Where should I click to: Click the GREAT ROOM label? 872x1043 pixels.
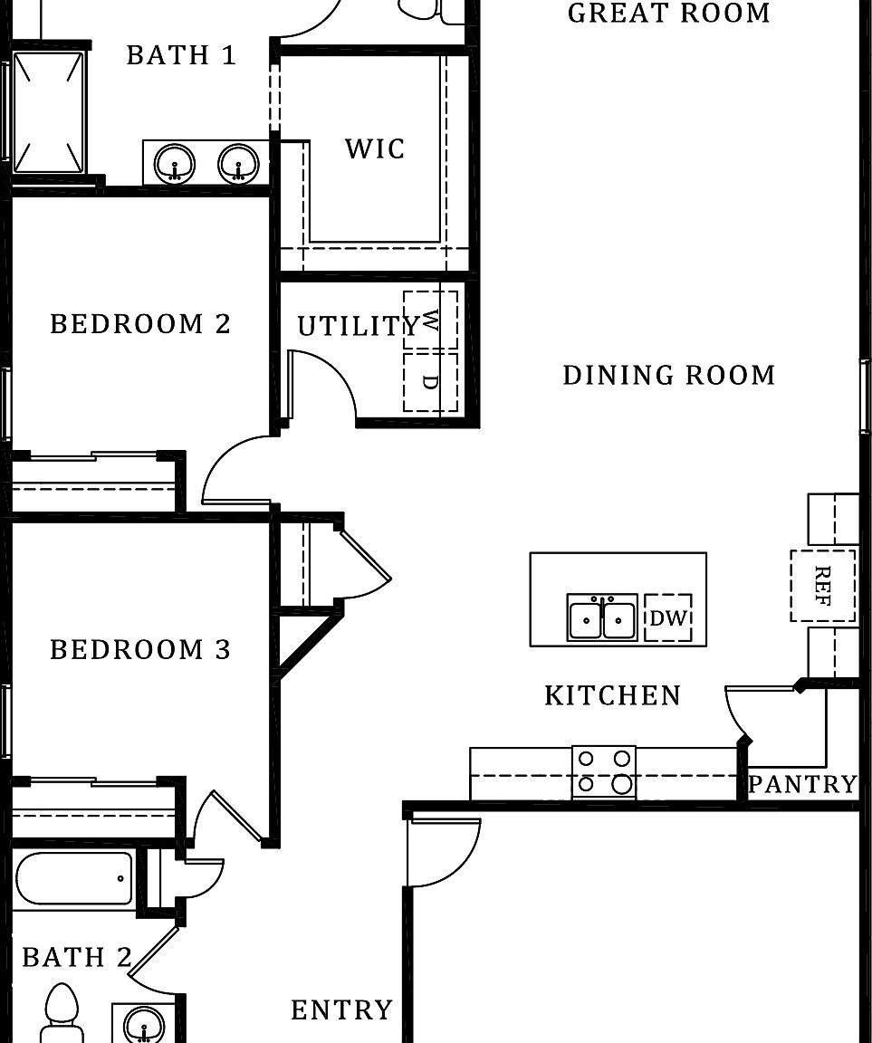[668, 14]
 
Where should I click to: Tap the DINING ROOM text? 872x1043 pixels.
[669, 375]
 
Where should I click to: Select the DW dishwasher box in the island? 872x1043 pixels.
[668, 618]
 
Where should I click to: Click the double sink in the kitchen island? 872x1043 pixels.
[602, 617]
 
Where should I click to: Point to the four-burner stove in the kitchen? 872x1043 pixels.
[604, 772]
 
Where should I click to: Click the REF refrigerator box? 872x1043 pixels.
[822, 586]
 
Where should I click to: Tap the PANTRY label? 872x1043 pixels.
[802, 784]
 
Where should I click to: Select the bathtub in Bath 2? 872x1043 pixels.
[74, 877]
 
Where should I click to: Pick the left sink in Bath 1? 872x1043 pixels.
[174, 164]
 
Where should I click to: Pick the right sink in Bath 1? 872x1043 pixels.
[238, 164]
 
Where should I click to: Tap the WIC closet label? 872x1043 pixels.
[375, 148]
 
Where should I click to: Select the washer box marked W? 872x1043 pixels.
[430, 321]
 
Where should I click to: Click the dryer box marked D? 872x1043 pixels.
[430, 382]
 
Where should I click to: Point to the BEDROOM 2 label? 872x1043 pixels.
[140, 324]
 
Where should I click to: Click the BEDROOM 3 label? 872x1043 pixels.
[140, 649]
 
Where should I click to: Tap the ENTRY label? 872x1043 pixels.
[341, 1010]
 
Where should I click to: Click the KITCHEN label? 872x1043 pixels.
[612, 695]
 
